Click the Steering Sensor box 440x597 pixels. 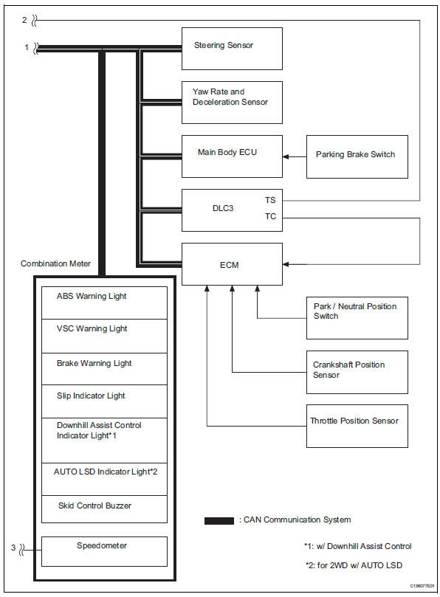[x=232, y=48]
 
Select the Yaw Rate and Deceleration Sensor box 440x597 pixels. [x=232, y=102]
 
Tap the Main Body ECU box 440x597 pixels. [x=232, y=156]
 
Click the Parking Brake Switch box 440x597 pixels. [x=357, y=156]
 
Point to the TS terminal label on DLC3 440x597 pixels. [x=270, y=200]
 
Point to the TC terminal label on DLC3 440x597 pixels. [x=270, y=217]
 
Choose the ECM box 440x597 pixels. [x=232, y=263]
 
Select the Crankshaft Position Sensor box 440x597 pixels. [x=357, y=371]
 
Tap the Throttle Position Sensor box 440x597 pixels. [x=357, y=425]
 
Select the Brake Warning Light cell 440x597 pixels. [x=104, y=367]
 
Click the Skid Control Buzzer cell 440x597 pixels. [x=104, y=509]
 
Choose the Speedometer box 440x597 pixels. [x=104, y=551]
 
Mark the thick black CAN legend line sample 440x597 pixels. [x=219, y=521]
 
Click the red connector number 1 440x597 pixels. [x=27, y=48]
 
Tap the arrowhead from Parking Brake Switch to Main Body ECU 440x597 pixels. [x=286, y=156]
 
